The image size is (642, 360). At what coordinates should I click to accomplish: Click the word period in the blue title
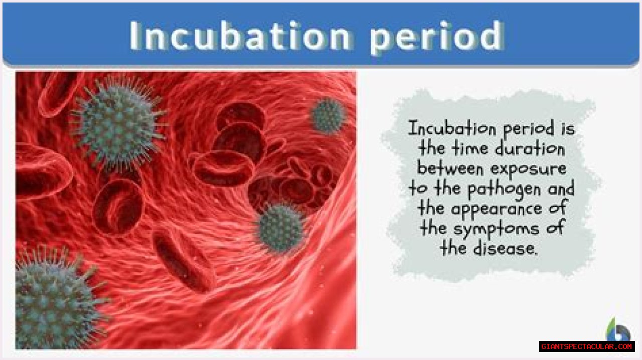click(437, 38)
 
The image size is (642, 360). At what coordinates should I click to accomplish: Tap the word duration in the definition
click(530, 148)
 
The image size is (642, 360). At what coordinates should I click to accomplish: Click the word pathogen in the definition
click(504, 190)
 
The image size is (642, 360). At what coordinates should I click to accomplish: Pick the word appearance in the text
click(497, 210)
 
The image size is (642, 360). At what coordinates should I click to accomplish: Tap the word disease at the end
click(505, 248)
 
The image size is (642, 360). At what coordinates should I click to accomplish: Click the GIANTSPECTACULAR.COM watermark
click(587, 346)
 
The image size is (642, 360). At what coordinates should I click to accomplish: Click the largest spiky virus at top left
click(118, 124)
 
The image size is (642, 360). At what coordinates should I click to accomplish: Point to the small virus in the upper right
click(328, 115)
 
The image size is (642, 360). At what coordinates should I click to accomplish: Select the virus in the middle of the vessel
click(281, 228)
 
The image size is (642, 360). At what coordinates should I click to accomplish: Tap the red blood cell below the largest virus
click(118, 207)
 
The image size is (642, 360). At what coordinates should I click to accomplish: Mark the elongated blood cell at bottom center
click(184, 261)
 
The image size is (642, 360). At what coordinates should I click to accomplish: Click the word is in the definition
click(568, 129)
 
